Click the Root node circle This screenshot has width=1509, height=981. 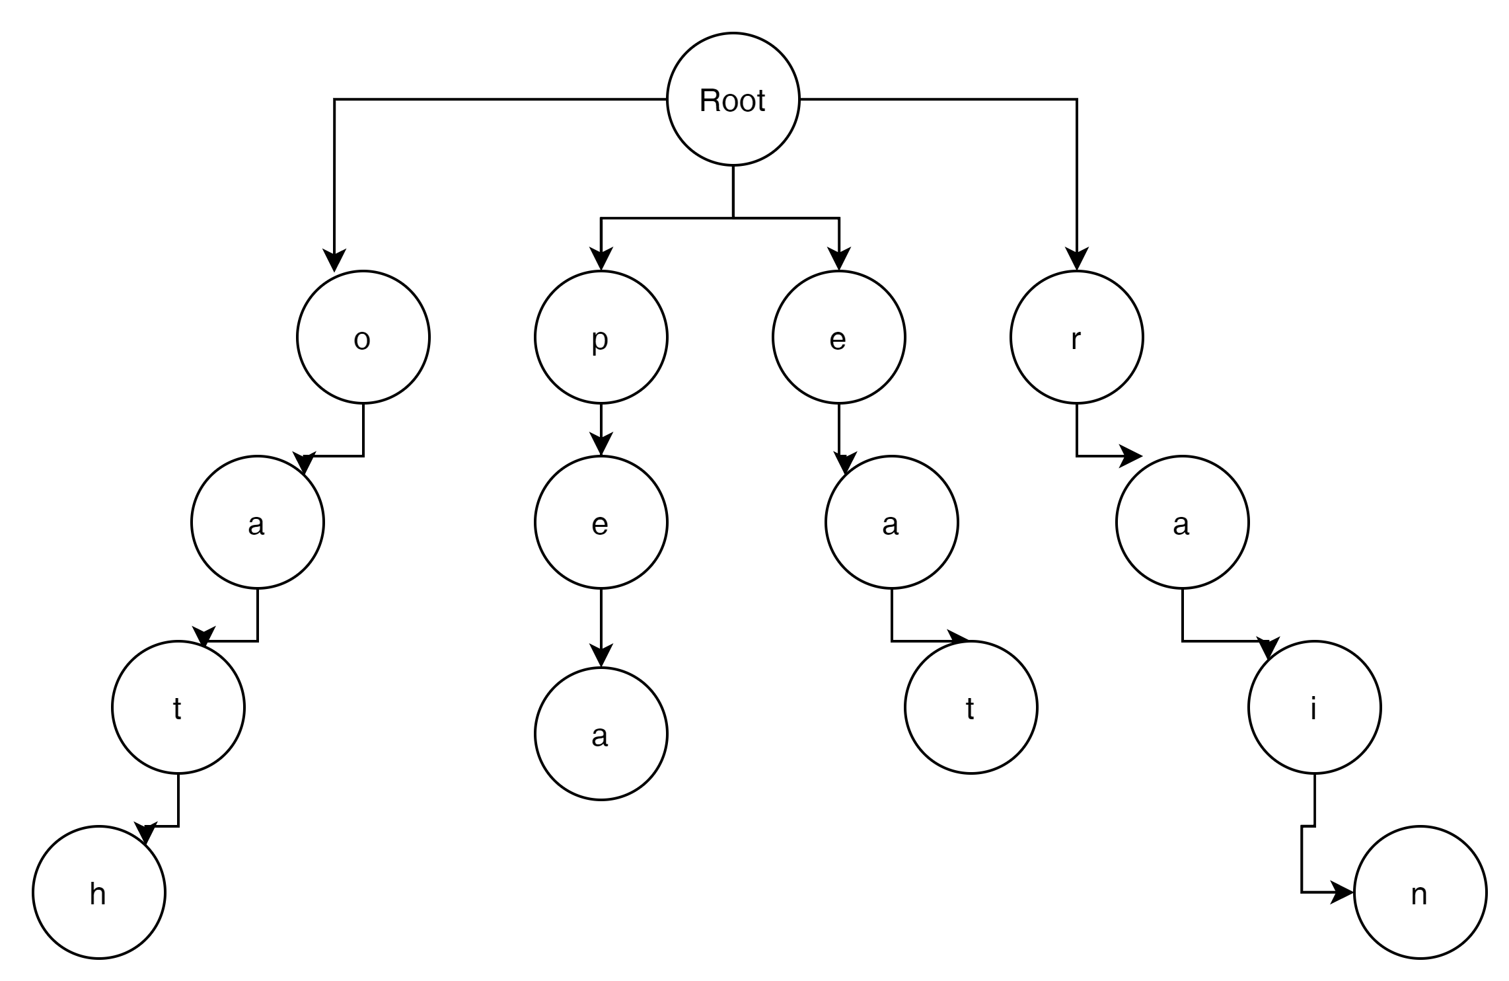[733, 99]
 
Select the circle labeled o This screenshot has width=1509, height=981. [363, 337]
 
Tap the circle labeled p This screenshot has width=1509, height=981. [601, 337]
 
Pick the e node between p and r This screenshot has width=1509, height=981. [838, 337]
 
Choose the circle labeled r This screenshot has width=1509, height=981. [1076, 337]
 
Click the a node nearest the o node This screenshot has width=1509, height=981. [257, 522]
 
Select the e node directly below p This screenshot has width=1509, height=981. [601, 522]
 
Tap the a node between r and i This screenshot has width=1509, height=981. [1182, 522]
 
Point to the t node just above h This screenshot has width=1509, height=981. [178, 707]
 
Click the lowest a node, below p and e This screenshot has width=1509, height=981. [601, 734]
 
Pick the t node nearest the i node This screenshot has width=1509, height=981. [971, 707]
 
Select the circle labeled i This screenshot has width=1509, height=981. [1314, 707]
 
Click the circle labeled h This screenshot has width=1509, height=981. [98, 892]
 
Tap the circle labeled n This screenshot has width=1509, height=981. [1420, 892]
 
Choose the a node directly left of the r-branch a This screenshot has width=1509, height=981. [891, 522]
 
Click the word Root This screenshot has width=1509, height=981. [732, 101]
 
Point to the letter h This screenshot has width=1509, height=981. [98, 894]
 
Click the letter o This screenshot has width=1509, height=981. [362, 340]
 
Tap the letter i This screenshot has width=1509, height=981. [1313, 709]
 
